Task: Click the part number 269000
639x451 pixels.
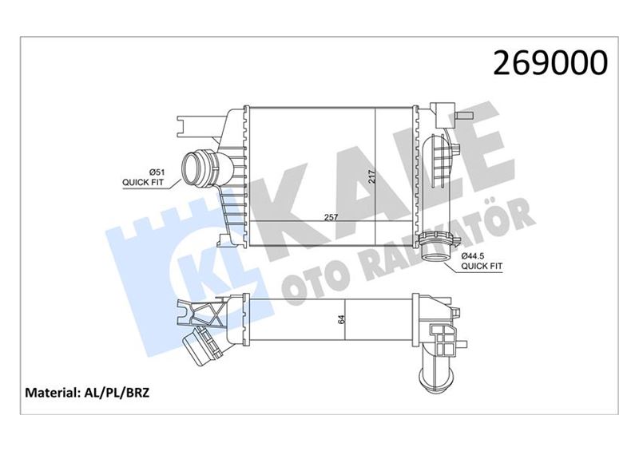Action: click(551, 63)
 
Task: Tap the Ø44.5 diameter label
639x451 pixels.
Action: click(476, 257)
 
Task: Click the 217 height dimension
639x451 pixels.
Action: click(370, 177)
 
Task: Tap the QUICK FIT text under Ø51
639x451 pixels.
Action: click(144, 183)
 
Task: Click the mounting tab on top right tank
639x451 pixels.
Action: click(442, 111)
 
